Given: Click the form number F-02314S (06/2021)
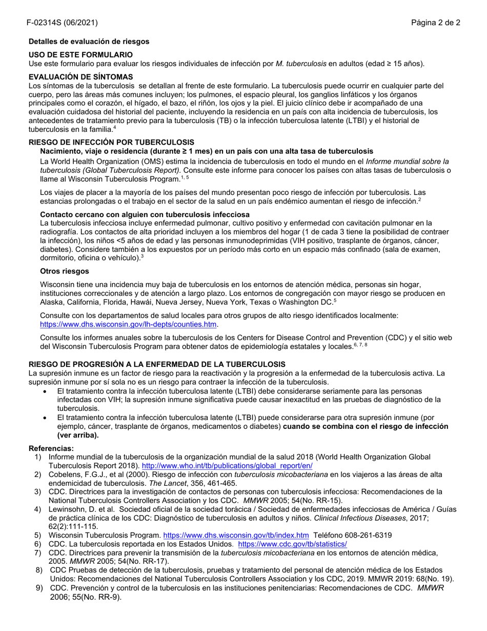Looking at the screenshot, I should click(x=63, y=23).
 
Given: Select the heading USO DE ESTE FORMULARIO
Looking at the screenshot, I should click(x=80, y=54).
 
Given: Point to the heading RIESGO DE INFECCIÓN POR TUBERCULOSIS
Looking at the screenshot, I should click(x=111, y=142).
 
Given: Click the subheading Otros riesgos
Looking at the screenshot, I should click(x=65, y=271).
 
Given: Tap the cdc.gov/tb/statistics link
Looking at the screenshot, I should click(x=292, y=544).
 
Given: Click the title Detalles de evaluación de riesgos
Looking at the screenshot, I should click(x=89, y=41).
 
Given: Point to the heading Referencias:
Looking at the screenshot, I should click(x=51, y=448).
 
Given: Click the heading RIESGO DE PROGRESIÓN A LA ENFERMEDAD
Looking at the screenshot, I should click(x=157, y=364).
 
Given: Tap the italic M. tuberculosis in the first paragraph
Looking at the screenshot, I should click(x=301, y=64).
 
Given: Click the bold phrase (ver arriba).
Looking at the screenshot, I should click(x=78, y=435).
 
